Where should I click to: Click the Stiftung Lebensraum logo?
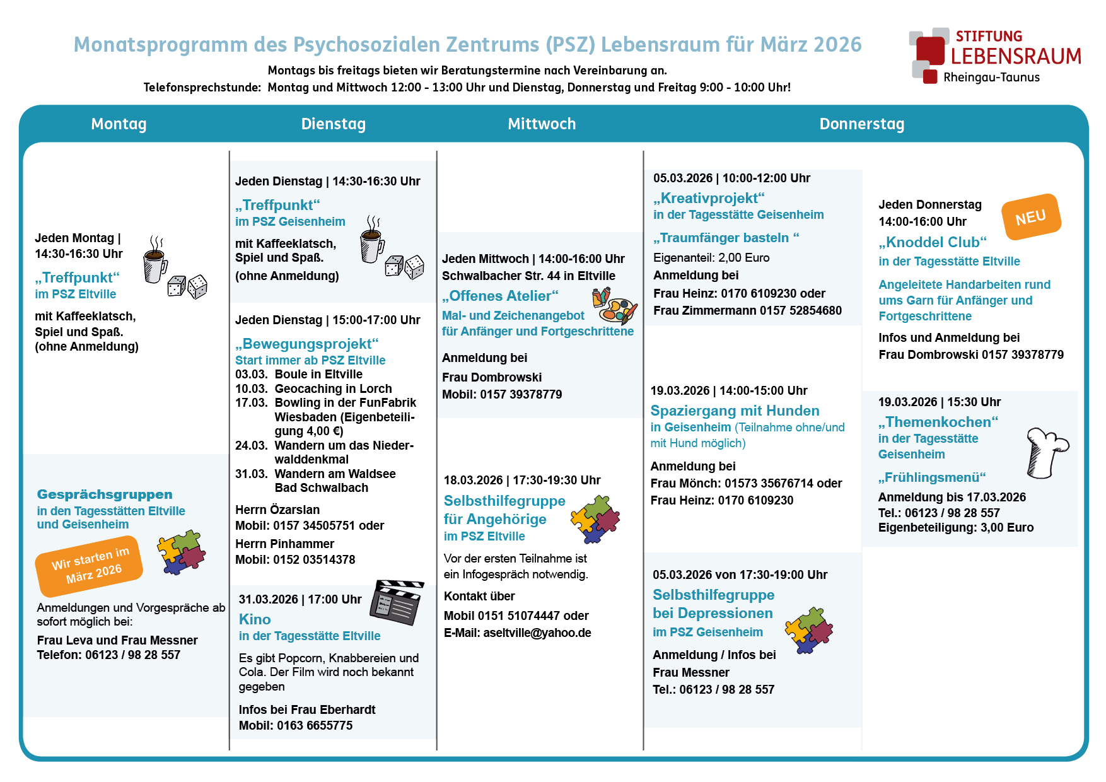(995, 55)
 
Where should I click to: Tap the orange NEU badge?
(1031, 217)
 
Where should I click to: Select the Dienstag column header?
(333, 124)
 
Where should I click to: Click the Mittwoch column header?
(542, 124)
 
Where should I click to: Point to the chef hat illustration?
(1046, 452)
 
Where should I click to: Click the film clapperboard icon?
(397, 602)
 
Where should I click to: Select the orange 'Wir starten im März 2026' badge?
(89, 564)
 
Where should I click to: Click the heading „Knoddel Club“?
(932, 242)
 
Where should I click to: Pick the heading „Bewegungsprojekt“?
(306, 344)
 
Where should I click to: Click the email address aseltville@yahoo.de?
(537, 633)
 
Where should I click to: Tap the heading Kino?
(255, 619)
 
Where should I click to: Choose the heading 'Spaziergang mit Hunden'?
(735, 411)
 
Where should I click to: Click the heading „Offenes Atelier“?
(500, 296)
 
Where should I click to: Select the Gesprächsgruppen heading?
(105, 494)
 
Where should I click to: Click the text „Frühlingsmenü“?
(931, 477)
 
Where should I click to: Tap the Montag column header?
(119, 124)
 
